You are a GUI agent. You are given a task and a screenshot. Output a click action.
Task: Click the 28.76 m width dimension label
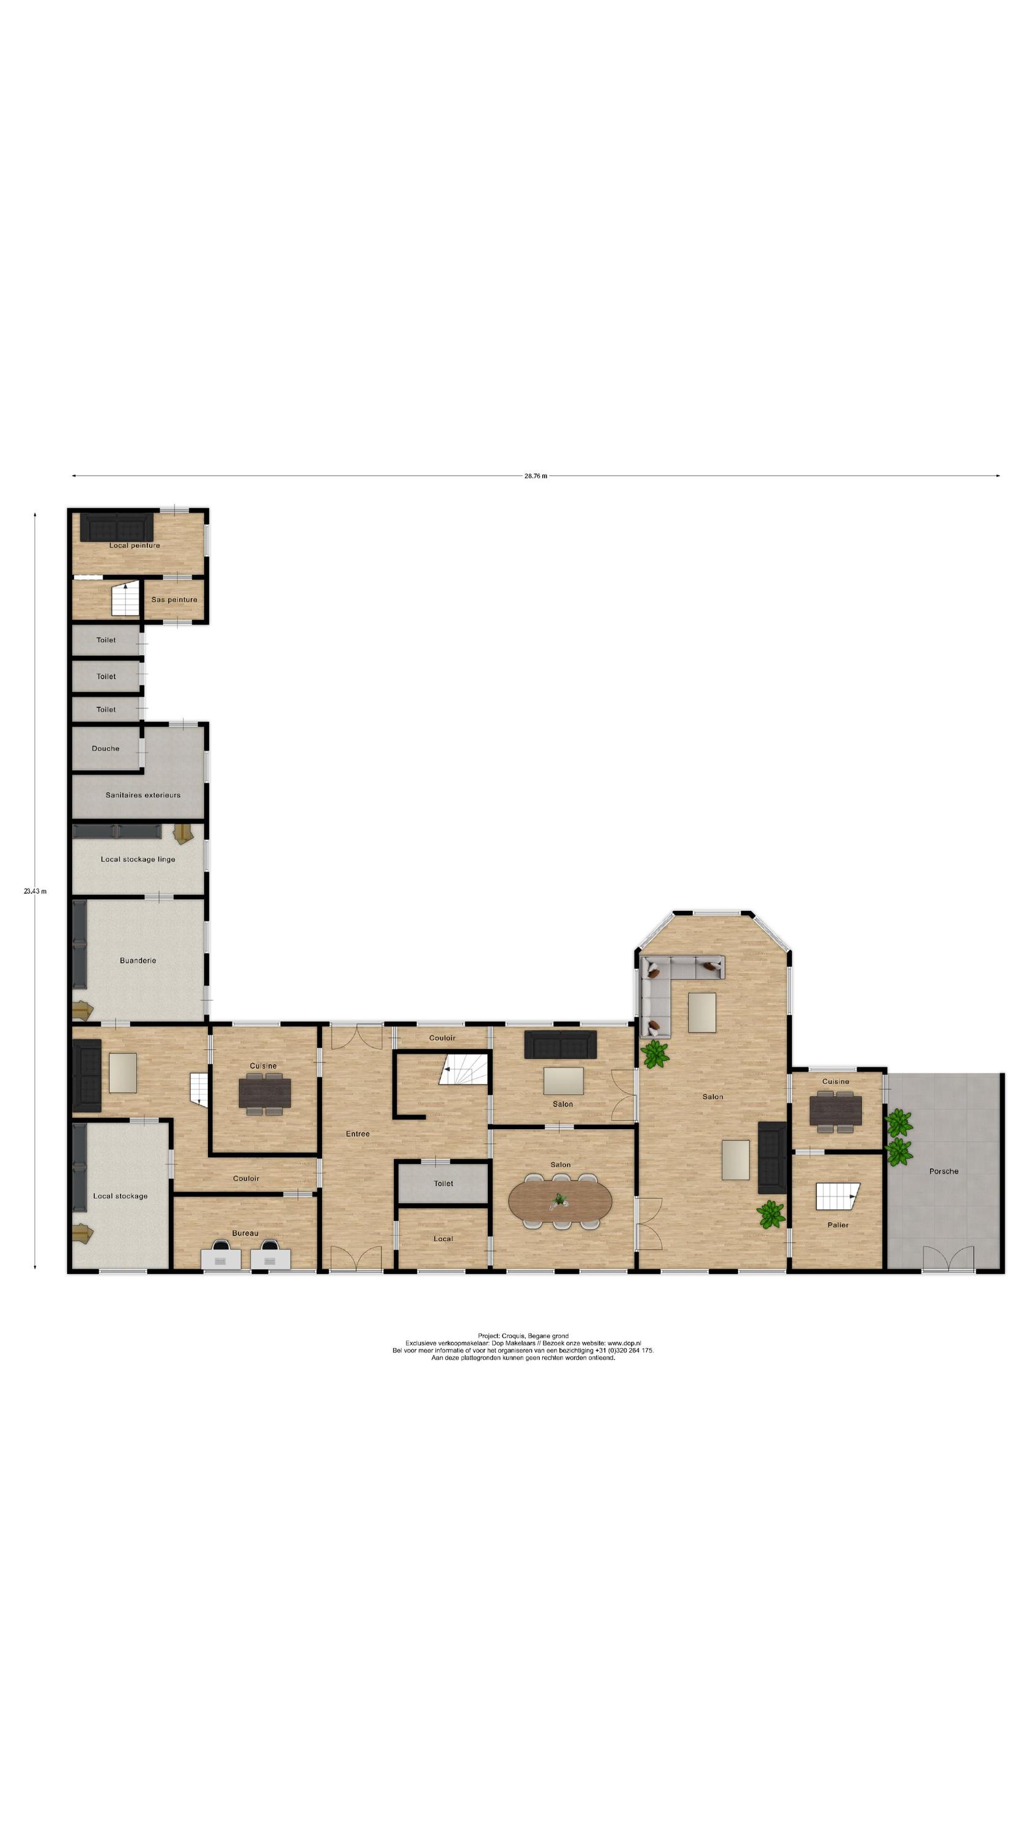click(x=536, y=476)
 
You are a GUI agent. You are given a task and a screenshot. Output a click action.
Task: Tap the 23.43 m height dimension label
click(x=35, y=891)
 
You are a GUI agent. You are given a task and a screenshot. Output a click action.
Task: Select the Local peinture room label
click(x=135, y=546)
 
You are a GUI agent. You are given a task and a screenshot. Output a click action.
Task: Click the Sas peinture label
click(x=174, y=600)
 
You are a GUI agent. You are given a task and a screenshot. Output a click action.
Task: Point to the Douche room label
click(x=105, y=749)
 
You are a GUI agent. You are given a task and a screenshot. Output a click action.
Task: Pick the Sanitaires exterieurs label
click(x=142, y=795)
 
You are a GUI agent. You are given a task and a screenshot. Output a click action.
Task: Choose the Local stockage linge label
click(x=138, y=859)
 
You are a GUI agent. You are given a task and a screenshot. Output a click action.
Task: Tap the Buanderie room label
click(x=138, y=960)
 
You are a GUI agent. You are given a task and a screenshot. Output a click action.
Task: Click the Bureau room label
click(x=245, y=1233)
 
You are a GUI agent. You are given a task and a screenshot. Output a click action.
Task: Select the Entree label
click(x=358, y=1133)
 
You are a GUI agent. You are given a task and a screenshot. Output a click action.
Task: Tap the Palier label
click(x=838, y=1225)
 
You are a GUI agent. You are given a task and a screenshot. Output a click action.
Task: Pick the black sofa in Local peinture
click(x=116, y=528)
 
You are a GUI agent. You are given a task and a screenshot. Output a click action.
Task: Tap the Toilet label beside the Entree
click(x=444, y=1183)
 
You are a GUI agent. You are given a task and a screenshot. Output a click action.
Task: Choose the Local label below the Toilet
click(x=443, y=1239)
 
